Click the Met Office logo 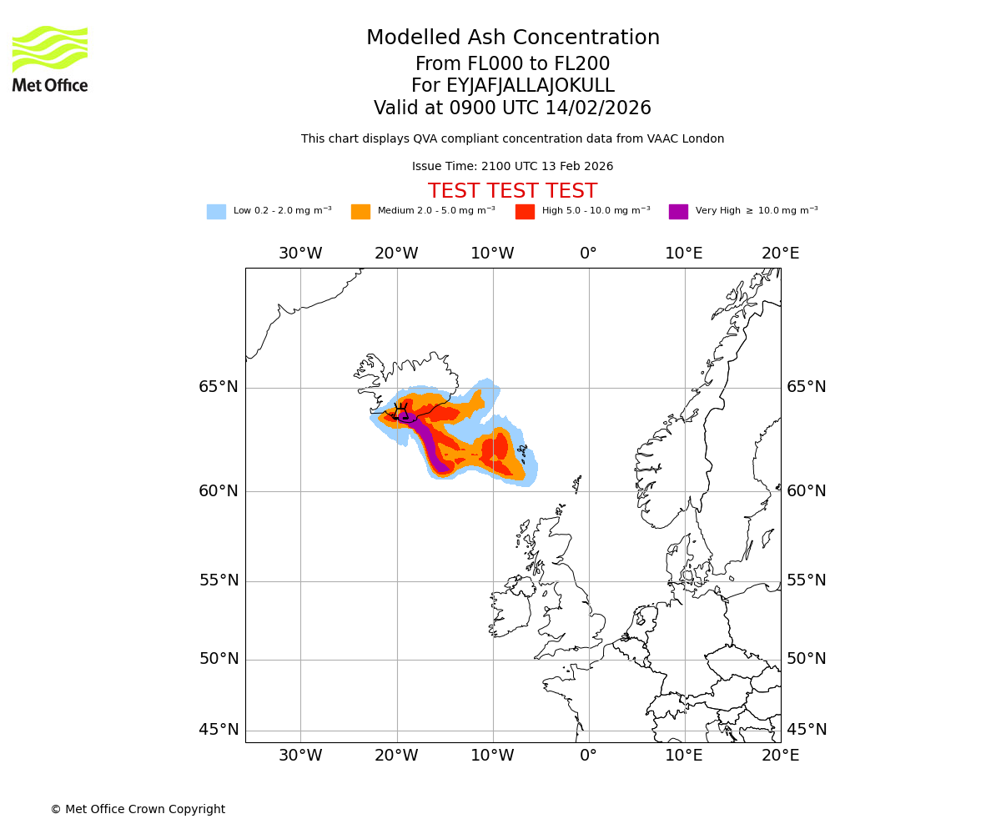50,58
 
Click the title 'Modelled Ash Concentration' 513,38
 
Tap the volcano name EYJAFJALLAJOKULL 513,86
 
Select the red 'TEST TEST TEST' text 512,191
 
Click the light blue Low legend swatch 216,212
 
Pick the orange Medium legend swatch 360,212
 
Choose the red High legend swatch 525,212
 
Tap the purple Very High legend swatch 678,212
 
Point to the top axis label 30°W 300,254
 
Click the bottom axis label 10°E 684,756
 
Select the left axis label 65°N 219,387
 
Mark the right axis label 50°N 807,659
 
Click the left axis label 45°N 219,730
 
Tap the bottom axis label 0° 588,756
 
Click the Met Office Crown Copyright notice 138,809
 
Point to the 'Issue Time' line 512,167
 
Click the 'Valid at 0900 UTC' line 512,108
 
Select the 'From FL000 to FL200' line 512,64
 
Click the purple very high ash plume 429,442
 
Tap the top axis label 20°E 780,254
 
